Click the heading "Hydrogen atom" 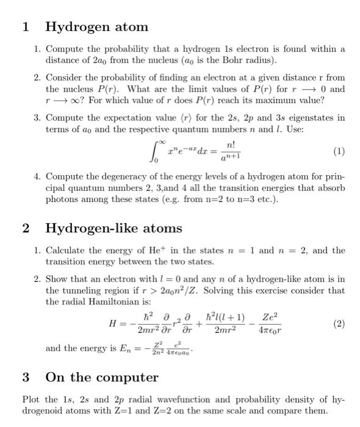pyautogui.click(x=96, y=27)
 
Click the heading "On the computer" pyautogui.click(x=102, y=376)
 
